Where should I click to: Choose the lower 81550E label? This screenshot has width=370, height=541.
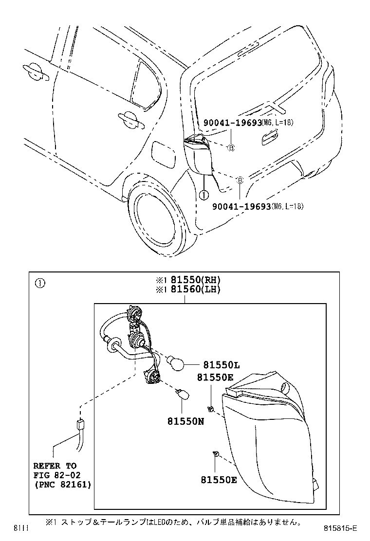click(x=219, y=480)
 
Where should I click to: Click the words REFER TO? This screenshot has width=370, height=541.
click(x=55, y=466)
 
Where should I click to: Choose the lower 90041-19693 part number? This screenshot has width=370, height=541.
click(x=241, y=206)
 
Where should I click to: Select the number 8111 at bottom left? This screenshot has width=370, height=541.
click(x=20, y=528)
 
